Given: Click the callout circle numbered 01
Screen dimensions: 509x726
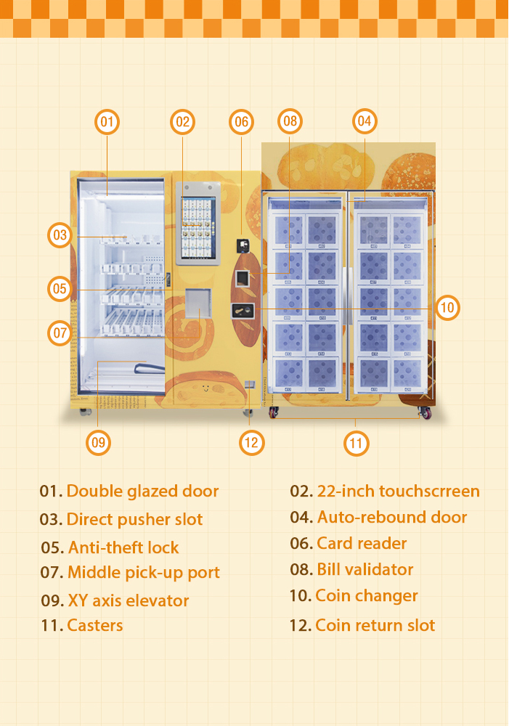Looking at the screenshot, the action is [x=107, y=122].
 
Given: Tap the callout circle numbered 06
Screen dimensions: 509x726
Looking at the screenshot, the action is [x=241, y=122].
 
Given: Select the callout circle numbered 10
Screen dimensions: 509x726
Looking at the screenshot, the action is [x=447, y=307].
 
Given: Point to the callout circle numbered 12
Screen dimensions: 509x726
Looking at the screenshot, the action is [x=251, y=443].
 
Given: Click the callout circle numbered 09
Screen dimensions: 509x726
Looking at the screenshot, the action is [x=99, y=443].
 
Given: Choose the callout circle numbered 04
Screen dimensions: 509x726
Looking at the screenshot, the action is [x=365, y=121].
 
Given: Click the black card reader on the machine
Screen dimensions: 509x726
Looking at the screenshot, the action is [x=243, y=245].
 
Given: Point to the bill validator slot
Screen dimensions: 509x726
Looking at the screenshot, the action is [x=243, y=278].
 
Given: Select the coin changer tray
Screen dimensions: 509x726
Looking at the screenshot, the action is [x=243, y=310].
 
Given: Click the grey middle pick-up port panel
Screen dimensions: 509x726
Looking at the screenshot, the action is [x=198, y=303].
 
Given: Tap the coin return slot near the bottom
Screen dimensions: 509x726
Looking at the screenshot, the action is [x=250, y=384].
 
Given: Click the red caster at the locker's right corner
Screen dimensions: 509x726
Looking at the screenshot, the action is [x=425, y=412].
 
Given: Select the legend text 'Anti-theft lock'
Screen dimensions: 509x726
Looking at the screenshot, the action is [x=123, y=547].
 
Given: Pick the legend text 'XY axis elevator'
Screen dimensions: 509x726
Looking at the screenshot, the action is [x=129, y=600].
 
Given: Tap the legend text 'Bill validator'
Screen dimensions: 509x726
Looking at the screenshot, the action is [x=365, y=569].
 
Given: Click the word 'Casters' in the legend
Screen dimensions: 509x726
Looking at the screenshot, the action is [x=95, y=626].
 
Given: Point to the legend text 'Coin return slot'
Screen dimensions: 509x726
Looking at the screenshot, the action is [x=375, y=626].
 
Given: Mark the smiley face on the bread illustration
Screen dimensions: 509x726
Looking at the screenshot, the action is [x=206, y=387].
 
